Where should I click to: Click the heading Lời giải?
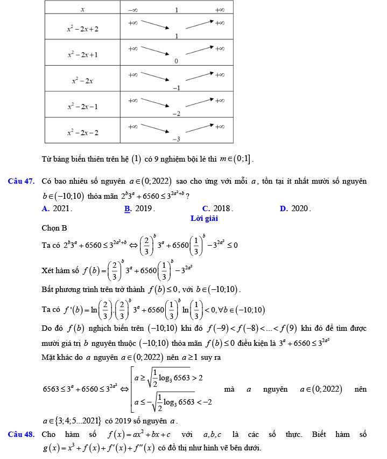204,218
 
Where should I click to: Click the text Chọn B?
54,228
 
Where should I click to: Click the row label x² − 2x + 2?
82,29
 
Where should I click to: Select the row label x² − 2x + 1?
82,54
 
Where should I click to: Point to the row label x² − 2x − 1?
82,106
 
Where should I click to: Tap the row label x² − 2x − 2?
82,132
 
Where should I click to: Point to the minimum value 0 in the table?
176,61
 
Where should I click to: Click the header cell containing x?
82,9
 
